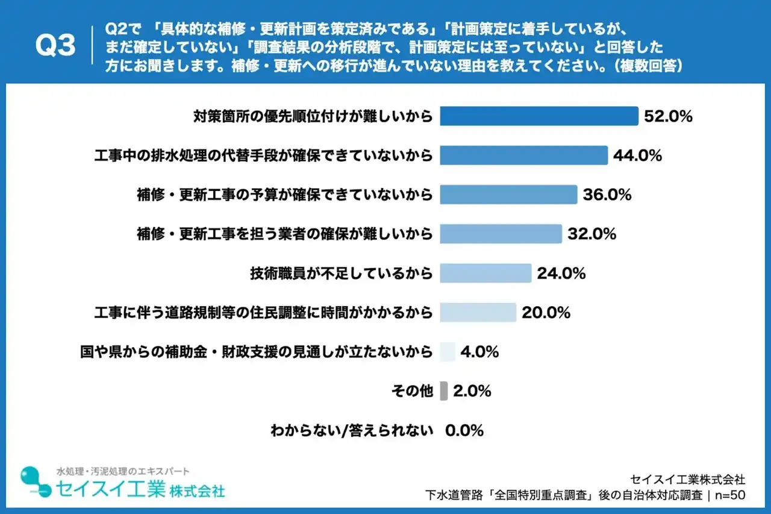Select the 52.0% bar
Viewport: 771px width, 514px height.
(x=538, y=116)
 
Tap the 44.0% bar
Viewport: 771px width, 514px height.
(x=523, y=155)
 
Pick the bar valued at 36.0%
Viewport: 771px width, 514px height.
(x=508, y=195)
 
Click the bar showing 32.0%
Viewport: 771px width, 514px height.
(x=501, y=234)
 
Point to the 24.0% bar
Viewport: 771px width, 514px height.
(x=485, y=273)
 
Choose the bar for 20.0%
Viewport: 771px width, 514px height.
(x=478, y=312)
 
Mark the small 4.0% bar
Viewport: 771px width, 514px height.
(x=448, y=351)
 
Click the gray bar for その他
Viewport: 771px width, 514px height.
(x=444, y=391)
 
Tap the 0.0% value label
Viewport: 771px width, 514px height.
(x=464, y=431)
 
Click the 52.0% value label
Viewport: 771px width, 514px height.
(x=668, y=116)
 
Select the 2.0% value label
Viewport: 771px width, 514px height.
(x=472, y=391)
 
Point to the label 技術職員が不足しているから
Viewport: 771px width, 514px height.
(x=341, y=273)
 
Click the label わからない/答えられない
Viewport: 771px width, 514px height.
(x=352, y=431)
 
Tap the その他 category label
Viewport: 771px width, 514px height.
(x=412, y=391)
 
